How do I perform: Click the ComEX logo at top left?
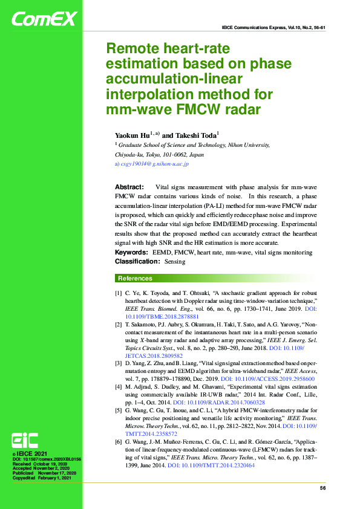(44, 19)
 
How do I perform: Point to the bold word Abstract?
(129, 188)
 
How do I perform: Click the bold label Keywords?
(133, 252)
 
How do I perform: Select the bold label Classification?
(137, 262)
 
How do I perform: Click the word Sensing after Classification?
(175, 262)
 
